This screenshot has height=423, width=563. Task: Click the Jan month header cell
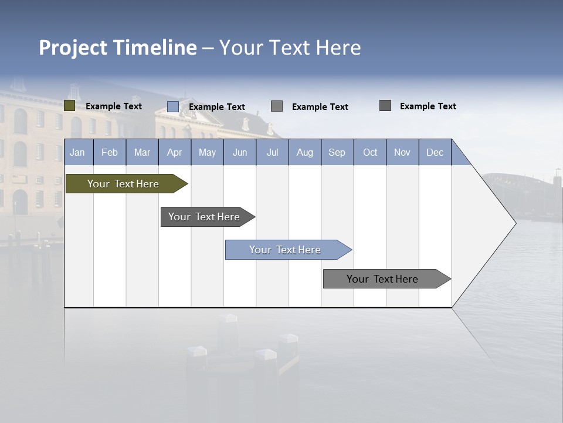point(78,152)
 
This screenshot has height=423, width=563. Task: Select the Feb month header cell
point(110,152)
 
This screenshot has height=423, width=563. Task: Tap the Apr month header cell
point(175,152)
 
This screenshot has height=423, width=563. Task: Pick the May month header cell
point(207,152)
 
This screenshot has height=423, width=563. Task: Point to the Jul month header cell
point(272,152)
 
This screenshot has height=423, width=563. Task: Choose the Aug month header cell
point(305,152)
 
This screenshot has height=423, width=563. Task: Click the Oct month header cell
point(370,152)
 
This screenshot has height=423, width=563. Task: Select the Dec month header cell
point(435,152)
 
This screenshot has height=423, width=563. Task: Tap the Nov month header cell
point(402,152)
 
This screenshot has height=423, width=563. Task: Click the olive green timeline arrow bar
point(124,184)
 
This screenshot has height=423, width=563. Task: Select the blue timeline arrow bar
point(286,250)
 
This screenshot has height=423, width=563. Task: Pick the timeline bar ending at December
point(383,279)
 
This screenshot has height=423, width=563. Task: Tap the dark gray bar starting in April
point(205,217)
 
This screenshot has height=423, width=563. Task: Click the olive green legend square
point(69,106)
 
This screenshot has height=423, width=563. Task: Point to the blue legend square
point(172,106)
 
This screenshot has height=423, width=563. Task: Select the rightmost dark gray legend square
point(385,106)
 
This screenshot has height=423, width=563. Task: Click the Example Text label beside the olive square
point(114,106)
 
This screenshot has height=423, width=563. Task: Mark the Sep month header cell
point(337,152)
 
